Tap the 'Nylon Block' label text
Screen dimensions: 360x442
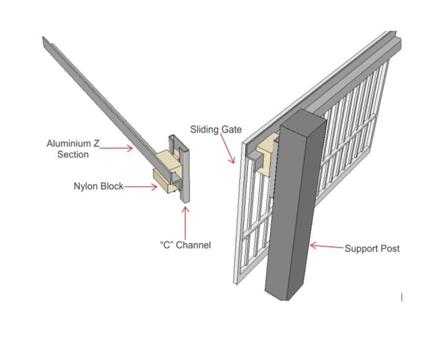click(98, 186)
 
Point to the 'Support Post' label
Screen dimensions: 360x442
click(372, 248)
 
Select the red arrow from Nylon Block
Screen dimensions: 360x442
click(139, 187)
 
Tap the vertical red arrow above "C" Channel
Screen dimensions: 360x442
click(185, 220)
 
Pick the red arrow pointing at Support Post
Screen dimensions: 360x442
click(325, 246)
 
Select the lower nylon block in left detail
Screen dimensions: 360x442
click(163, 181)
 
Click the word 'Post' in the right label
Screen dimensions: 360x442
click(389, 248)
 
